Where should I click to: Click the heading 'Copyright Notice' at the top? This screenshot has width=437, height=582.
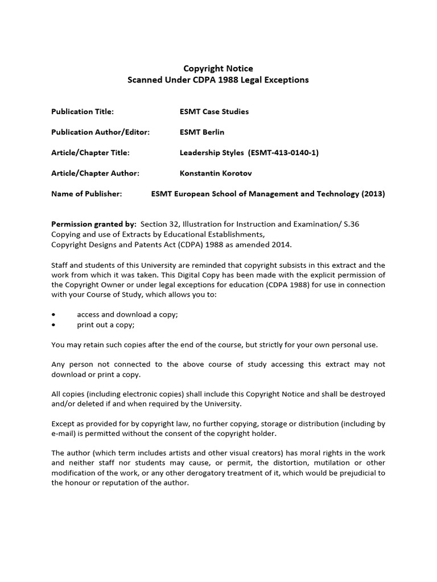click(x=218, y=68)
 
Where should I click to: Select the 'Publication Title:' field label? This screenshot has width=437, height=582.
click(x=83, y=111)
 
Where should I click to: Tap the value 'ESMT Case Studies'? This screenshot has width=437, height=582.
click(x=214, y=111)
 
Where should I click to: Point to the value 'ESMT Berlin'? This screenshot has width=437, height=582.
click(x=202, y=132)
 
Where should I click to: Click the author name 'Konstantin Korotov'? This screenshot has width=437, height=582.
click(x=217, y=173)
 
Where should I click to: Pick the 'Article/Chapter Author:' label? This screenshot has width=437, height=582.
click(x=95, y=173)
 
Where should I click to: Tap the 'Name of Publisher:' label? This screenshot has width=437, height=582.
click(x=86, y=194)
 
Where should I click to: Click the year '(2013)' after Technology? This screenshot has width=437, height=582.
click(x=373, y=194)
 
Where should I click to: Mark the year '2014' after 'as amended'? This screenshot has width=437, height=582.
click(x=279, y=244)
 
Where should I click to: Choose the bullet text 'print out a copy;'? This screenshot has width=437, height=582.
click(x=106, y=325)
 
